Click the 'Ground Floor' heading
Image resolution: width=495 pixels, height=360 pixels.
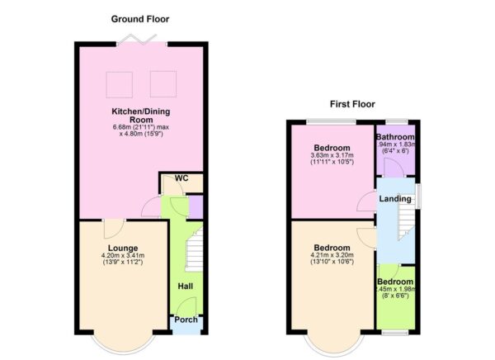(x=142, y=18)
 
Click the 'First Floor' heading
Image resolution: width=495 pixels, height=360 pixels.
(x=352, y=104)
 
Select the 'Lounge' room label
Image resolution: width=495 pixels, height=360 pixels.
(x=122, y=248)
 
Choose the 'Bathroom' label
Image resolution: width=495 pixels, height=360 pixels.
(x=395, y=137)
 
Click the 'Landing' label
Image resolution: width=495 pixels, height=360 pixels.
(x=394, y=199)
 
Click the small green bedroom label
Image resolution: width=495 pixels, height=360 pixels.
(x=395, y=282)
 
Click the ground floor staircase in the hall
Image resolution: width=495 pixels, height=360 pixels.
(x=193, y=252)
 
